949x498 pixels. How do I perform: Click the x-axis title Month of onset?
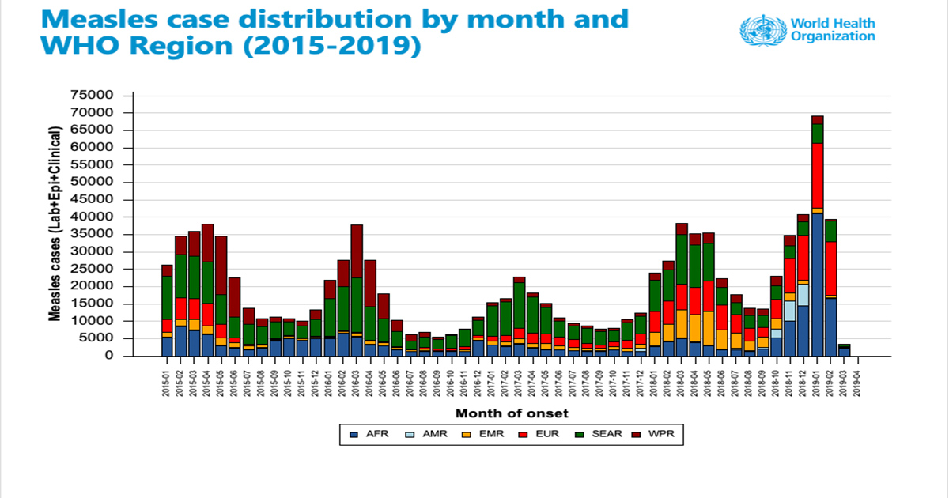pyautogui.click(x=512, y=413)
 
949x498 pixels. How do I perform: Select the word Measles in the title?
pyautogui.click(x=80, y=19)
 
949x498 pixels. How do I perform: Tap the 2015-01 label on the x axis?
pyautogui.click(x=167, y=377)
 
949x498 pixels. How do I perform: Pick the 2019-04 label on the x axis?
pyautogui.click(x=857, y=377)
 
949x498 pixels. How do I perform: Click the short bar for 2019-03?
pyautogui.click(x=845, y=350)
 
